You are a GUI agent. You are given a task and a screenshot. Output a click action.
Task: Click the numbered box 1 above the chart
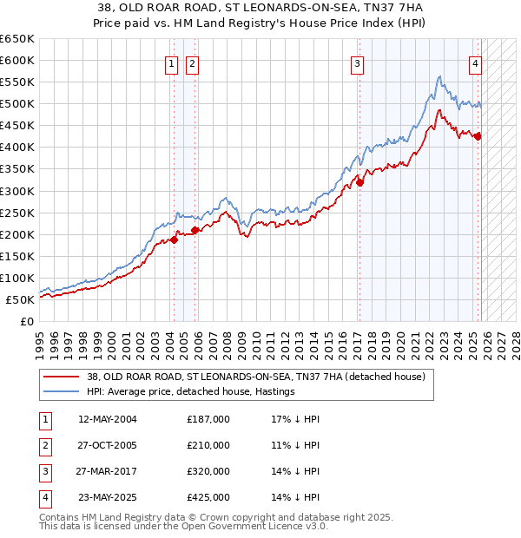click(x=171, y=62)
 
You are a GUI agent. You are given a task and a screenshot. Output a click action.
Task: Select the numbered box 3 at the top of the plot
click(x=357, y=62)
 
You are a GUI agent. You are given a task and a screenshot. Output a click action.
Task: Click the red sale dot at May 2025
click(x=478, y=136)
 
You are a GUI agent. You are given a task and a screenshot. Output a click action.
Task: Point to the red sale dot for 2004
click(x=174, y=239)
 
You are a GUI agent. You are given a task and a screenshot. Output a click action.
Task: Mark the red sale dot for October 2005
click(x=195, y=230)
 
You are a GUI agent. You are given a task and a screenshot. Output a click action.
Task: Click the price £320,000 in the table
click(x=208, y=471)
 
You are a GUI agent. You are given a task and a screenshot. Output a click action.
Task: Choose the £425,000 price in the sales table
click(x=208, y=497)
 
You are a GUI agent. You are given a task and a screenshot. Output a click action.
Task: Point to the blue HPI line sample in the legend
click(x=61, y=391)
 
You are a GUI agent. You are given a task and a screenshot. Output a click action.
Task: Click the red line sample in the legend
click(x=61, y=377)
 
